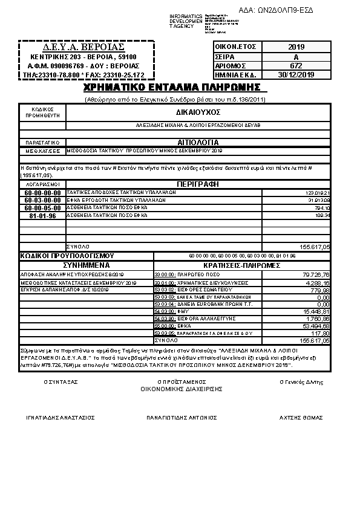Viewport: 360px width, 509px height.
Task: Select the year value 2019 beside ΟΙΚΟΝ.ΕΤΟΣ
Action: click(296, 47)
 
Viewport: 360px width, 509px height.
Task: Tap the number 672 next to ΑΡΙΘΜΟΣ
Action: click(296, 65)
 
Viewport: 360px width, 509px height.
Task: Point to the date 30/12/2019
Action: click(296, 74)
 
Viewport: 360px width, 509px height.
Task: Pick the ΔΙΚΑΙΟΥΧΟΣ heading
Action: click(198, 112)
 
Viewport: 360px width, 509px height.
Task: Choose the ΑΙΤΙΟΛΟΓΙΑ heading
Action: click(198, 140)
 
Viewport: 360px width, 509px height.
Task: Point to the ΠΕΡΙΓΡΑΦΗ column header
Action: click(198, 183)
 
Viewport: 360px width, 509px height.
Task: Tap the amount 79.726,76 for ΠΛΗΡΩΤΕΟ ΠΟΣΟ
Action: click(316, 275)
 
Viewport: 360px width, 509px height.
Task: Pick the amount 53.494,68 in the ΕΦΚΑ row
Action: click(316, 326)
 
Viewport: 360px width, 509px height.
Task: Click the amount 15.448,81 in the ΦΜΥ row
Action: click(316, 311)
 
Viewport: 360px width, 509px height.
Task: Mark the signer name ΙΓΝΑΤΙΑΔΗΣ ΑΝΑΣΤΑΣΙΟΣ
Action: click(60, 417)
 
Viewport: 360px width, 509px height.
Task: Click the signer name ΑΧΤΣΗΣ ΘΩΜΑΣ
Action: click(301, 417)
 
